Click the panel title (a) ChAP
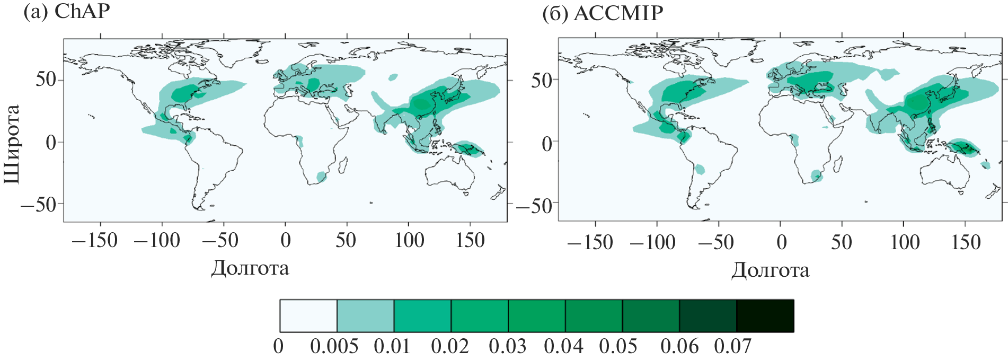click(x=67, y=12)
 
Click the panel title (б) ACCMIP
click(x=603, y=13)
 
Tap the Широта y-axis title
click(x=12, y=144)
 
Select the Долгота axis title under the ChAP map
click(x=250, y=268)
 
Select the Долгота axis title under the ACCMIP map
click(x=770, y=270)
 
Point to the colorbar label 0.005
click(x=334, y=347)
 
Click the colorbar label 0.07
click(x=732, y=347)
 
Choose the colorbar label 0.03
click(x=507, y=347)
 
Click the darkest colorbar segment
click(x=765, y=316)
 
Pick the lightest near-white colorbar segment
click(x=308, y=316)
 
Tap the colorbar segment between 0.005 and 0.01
click(x=366, y=316)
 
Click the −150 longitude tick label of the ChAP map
click(x=95, y=241)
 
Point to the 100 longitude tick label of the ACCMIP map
click(x=904, y=243)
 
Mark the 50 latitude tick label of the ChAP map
click(x=46, y=80)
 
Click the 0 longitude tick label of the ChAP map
click(x=286, y=241)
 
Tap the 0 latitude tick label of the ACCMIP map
click(x=546, y=143)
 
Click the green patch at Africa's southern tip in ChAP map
click(x=321, y=176)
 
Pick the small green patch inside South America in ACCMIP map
click(x=700, y=170)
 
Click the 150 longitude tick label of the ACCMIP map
click(x=966, y=243)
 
